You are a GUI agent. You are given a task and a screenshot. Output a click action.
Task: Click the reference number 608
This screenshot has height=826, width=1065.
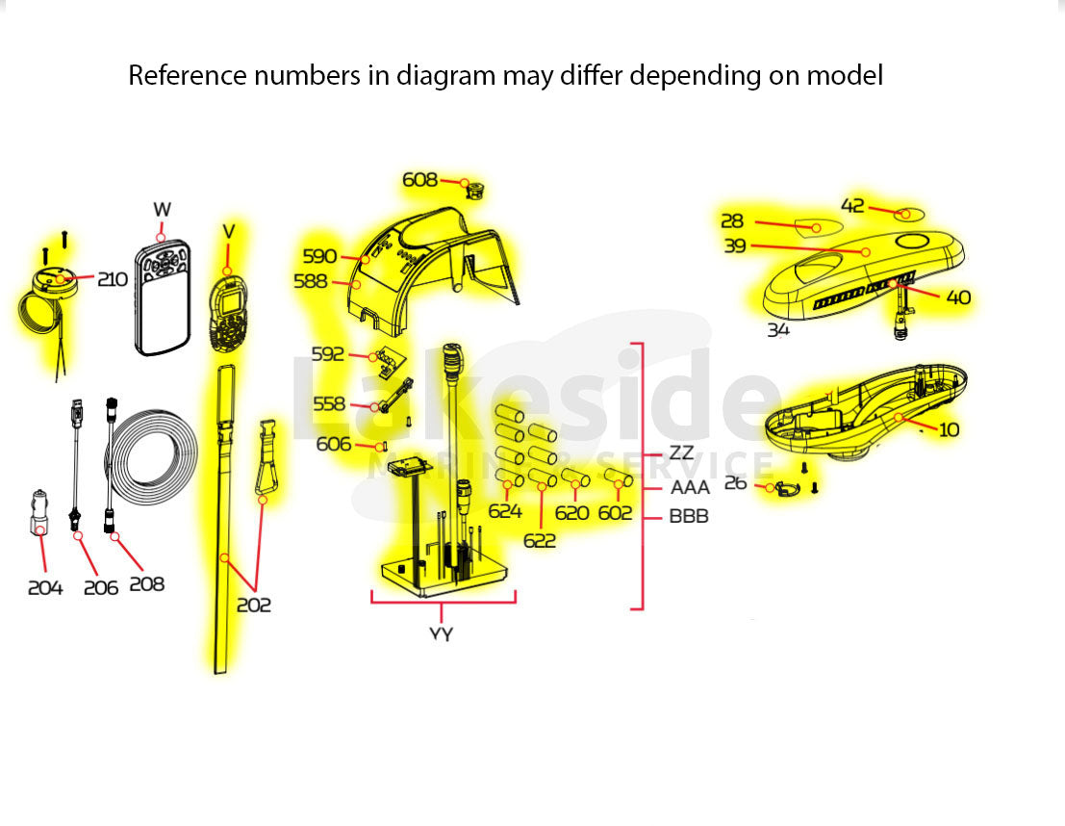pyautogui.click(x=419, y=180)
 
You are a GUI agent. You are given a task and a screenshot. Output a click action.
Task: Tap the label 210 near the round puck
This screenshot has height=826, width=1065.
pyautogui.click(x=112, y=279)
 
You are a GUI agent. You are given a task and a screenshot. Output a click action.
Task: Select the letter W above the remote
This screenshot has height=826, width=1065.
pyautogui.click(x=162, y=210)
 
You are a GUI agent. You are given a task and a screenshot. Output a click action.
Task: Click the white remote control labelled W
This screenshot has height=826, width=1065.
pyautogui.click(x=162, y=298)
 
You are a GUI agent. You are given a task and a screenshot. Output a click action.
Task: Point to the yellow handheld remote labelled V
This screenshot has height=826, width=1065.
pyautogui.click(x=229, y=313)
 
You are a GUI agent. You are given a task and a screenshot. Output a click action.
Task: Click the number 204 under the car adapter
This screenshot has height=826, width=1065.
pyautogui.click(x=45, y=587)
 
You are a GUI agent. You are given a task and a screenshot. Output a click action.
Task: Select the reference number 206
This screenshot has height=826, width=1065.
pyautogui.click(x=101, y=587)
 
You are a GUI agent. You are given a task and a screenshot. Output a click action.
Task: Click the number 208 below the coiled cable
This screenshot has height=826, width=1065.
pyautogui.click(x=146, y=583)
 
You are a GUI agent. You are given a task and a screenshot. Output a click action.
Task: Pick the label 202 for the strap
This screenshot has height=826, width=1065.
pyautogui.click(x=254, y=606)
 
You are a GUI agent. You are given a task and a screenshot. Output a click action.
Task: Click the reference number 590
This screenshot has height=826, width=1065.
pyautogui.click(x=319, y=256)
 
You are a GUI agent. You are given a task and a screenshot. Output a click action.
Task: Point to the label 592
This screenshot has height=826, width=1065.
pyautogui.click(x=327, y=354)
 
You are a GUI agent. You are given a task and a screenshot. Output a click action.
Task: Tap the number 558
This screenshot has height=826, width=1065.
pyautogui.click(x=329, y=405)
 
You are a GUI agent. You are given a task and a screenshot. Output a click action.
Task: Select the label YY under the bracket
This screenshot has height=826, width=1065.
pyautogui.click(x=442, y=633)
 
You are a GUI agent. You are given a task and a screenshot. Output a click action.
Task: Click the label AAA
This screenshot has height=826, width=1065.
pyautogui.click(x=690, y=488)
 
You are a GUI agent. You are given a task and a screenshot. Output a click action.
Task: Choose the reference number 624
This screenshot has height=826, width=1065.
pyautogui.click(x=505, y=512)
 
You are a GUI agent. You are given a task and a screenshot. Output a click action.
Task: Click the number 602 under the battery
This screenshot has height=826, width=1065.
pyautogui.click(x=616, y=513)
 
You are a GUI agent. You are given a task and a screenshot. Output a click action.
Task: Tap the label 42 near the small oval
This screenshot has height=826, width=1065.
pyautogui.click(x=852, y=206)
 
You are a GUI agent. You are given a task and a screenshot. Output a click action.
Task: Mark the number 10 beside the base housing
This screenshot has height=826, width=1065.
pyautogui.click(x=949, y=429)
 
